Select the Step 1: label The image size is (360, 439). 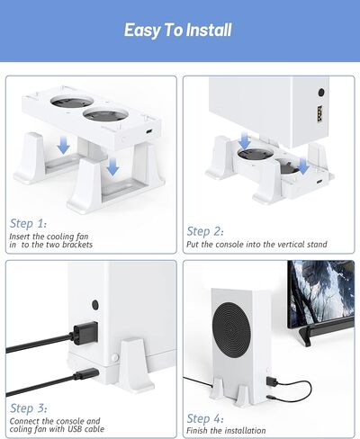point(28,223)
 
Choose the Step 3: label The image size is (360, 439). point(28,408)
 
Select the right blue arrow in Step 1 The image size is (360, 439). point(111,166)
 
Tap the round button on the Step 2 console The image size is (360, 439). point(321,93)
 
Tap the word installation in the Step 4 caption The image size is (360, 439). point(265,429)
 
